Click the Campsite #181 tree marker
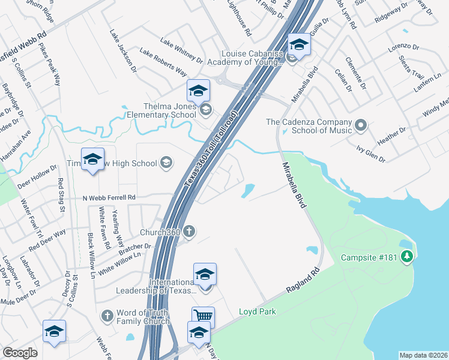pos(407,257)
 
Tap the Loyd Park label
pos(257,311)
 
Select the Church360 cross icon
pos(189,232)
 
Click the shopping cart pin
pos(203,316)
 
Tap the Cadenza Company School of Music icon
pos(360,126)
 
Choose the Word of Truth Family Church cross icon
pos(107,316)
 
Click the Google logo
pos(20,353)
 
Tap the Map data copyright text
pos(423,355)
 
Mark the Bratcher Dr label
pos(133,247)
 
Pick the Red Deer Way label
pos(47,240)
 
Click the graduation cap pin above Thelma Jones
pos(198,91)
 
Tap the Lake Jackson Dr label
pos(123,50)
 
